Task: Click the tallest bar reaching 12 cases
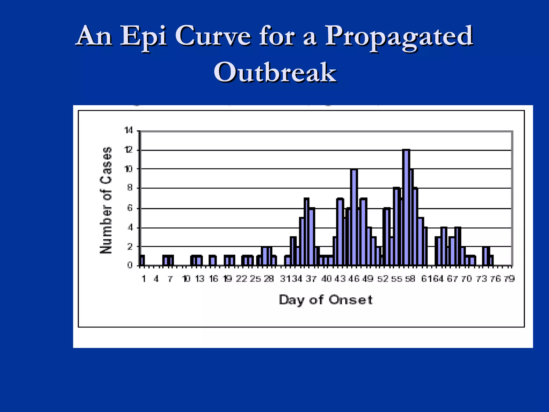tap(406, 208)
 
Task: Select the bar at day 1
tap(142, 260)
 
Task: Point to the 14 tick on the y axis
tap(129, 131)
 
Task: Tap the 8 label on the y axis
tap(130, 188)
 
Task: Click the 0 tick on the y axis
tap(130, 265)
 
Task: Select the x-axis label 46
tap(354, 279)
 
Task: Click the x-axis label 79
tap(509, 279)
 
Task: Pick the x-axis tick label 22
tap(241, 279)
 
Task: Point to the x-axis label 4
tap(156, 279)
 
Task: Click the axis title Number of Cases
tap(106, 200)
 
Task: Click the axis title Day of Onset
tap(325, 300)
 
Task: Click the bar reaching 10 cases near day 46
tap(354, 217)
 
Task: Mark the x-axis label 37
tap(311, 279)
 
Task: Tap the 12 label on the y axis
tap(129, 150)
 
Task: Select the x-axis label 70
tap(466, 279)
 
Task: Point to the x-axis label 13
tap(200, 279)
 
